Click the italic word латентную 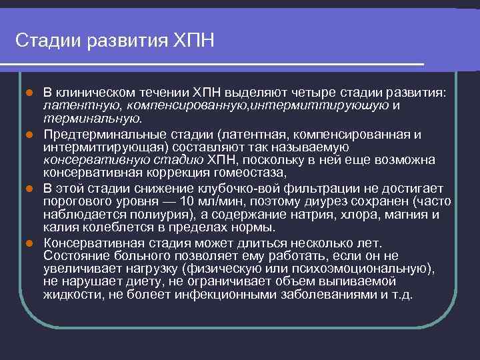[73, 105]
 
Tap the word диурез [323, 201]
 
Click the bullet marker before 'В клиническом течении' [29, 91]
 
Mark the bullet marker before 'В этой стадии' [29, 189]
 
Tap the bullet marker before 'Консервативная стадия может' [29, 242]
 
